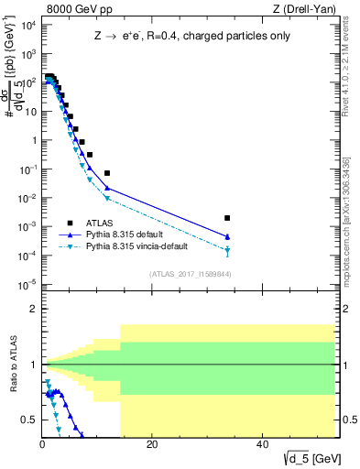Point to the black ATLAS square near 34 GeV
click(x=227, y=218)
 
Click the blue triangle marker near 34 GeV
click(x=227, y=236)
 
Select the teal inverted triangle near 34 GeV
click(x=227, y=250)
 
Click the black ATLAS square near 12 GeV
click(x=107, y=173)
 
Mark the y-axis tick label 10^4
click(x=27, y=26)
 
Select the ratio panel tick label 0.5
click(x=30, y=420)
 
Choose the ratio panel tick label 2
click(x=34, y=309)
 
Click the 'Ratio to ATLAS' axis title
click(x=14, y=366)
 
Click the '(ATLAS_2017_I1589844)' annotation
click(x=189, y=274)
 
